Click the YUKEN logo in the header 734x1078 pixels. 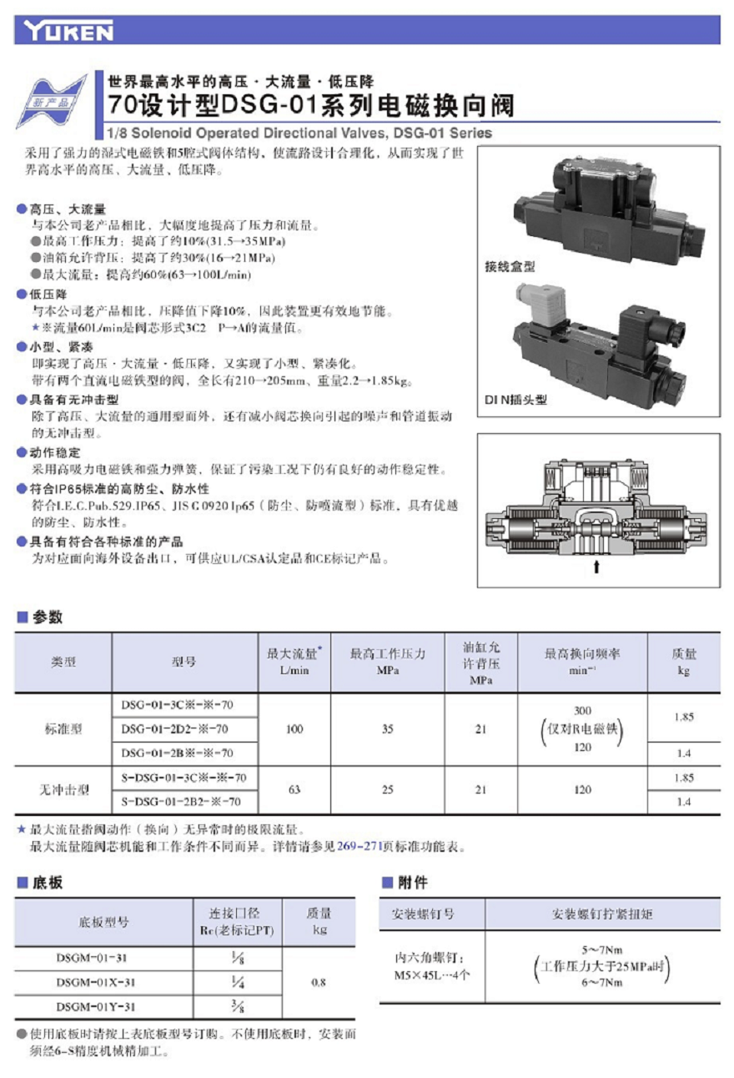[69, 32]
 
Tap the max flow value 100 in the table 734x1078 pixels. [294, 729]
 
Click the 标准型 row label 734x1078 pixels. [63, 729]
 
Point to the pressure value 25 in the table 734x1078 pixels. [387, 789]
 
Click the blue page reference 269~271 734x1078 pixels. [359, 847]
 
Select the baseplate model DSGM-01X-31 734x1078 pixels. [96, 982]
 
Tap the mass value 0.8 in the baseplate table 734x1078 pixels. [319, 982]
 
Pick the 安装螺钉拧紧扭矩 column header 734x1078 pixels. [602, 914]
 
